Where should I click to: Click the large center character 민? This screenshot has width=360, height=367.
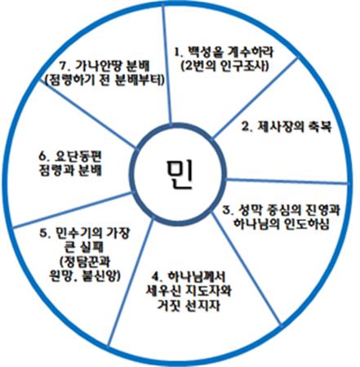pyautogui.click(x=180, y=175)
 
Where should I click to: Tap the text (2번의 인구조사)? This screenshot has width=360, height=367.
pyautogui.click(x=224, y=65)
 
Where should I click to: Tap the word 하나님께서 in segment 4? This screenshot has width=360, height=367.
pyautogui.click(x=196, y=276)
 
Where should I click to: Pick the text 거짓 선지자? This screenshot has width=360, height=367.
pyautogui.click(x=189, y=306)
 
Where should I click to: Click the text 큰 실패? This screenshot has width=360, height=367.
pyautogui.click(x=82, y=247)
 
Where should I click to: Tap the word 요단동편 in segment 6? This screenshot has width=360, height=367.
pyautogui.click(x=78, y=157)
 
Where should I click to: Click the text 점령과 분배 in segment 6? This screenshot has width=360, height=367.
pyautogui.click(x=70, y=171)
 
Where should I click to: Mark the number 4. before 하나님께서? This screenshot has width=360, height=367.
pyautogui.click(x=156, y=276)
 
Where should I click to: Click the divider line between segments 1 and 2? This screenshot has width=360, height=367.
pyautogui.click(x=255, y=98)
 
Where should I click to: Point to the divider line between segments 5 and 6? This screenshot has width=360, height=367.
pyautogui.click(x=72, y=210)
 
